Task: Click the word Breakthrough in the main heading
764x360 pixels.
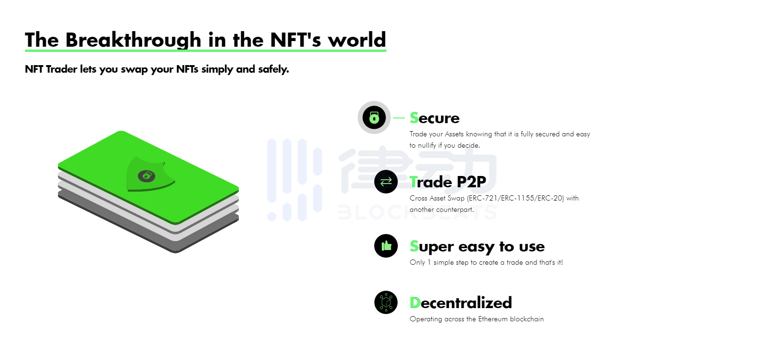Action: coord(134,40)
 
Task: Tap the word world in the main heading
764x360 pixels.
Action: coord(357,40)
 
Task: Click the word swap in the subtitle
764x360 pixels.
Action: coord(134,69)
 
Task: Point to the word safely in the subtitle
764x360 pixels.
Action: coord(273,69)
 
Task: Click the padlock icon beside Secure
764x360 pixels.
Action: coord(374,117)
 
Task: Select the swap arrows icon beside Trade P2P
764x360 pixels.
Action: coord(386,182)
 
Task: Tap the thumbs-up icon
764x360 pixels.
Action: coord(386,246)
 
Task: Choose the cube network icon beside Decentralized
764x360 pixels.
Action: coord(386,302)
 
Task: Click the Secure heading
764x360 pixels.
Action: coord(435,118)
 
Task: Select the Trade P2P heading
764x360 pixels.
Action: coord(448,182)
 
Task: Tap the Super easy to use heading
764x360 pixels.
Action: coord(477,246)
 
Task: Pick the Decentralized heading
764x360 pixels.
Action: coord(461,303)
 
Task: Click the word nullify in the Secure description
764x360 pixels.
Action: coord(427,145)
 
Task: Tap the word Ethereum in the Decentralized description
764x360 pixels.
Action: coord(493,319)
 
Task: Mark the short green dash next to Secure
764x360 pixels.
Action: coord(399,118)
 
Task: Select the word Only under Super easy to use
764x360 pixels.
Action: coord(417,262)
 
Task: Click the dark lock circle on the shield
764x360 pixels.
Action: coord(146,176)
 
